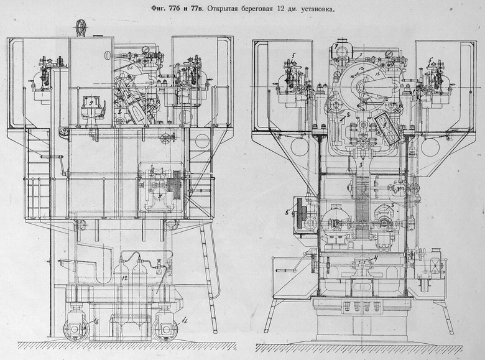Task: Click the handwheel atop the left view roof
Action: (x=80, y=27)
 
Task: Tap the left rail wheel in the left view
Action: (x=74, y=328)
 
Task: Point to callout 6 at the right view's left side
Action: (x=286, y=212)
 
